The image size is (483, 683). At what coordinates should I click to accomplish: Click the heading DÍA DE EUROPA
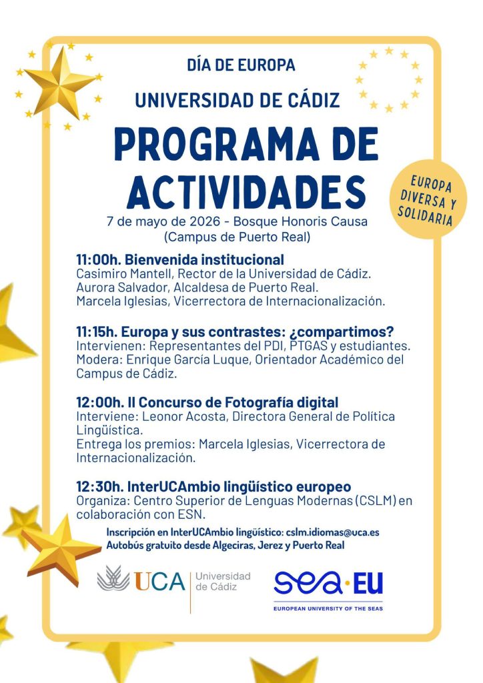(x=241, y=65)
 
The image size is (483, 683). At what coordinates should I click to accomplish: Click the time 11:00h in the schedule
(x=98, y=259)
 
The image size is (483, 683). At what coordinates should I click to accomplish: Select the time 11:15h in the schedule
(x=97, y=331)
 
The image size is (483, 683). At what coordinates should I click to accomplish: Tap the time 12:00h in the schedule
(x=99, y=403)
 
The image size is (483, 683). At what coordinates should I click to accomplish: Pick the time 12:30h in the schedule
(x=99, y=487)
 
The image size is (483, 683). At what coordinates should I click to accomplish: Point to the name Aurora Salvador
(x=115, y=287)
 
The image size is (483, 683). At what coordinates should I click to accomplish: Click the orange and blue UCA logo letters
(x=159, y=581)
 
